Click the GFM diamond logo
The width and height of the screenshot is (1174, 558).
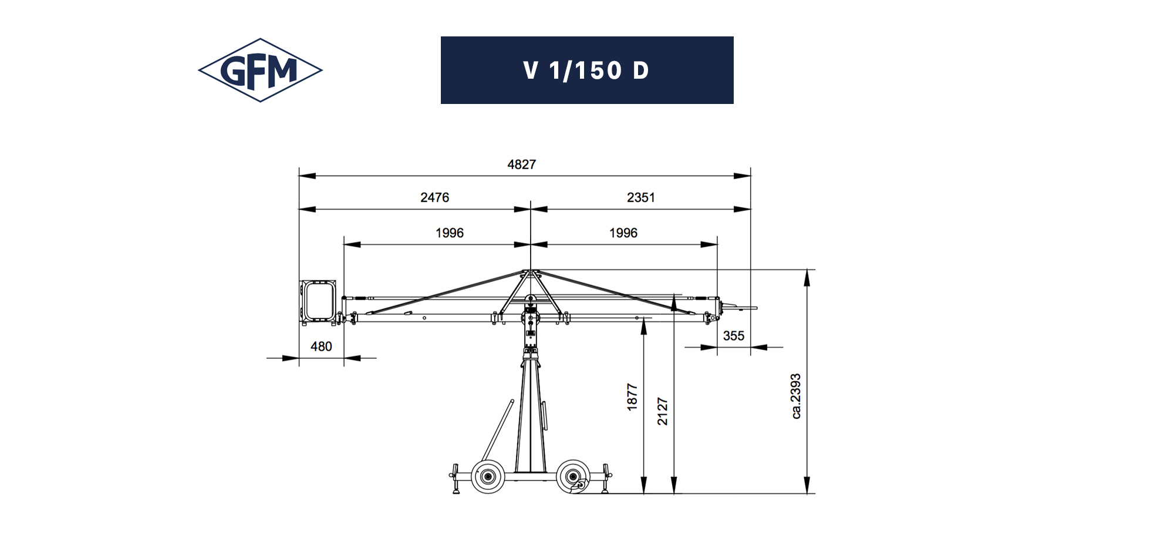260,70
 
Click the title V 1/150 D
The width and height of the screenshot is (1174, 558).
586,70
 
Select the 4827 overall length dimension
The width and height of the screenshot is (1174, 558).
522,164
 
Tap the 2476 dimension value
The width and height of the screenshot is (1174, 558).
434,197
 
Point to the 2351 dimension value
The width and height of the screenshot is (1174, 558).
640,197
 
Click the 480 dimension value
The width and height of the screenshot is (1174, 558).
321,347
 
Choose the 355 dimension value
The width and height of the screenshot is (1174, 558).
733,336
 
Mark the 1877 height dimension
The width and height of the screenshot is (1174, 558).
632,397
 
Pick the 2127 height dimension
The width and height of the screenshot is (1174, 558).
663,411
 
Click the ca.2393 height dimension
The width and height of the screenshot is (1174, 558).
796,396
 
